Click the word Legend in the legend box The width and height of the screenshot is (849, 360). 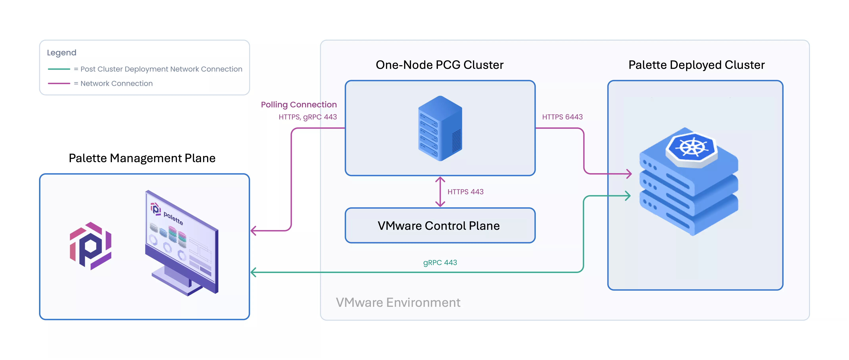point(62,53)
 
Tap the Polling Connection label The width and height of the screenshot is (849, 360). point(299,105)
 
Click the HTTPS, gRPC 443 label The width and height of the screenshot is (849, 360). point(307,117)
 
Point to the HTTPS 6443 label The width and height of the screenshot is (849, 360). point(562,117)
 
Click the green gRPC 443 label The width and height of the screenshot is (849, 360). point(440,263)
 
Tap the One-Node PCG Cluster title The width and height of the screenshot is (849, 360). point(439,65)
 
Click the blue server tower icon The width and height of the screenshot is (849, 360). point(440,129)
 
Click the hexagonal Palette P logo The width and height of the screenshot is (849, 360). point(91,246)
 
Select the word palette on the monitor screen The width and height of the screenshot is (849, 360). point(173,219)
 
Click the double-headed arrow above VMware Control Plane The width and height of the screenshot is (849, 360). point(440,192)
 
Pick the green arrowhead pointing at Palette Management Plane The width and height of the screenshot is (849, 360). point(254,272)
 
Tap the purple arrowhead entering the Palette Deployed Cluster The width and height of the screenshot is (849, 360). point(628,173)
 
